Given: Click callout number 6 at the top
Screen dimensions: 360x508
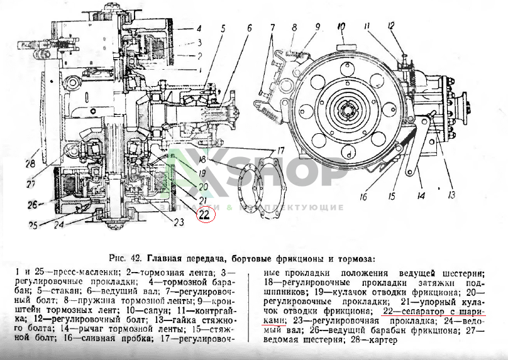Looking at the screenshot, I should [249, 28].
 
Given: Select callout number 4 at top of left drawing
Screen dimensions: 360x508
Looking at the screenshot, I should [197, 29].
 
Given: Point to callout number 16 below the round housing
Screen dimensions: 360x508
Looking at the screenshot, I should [363, 197].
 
